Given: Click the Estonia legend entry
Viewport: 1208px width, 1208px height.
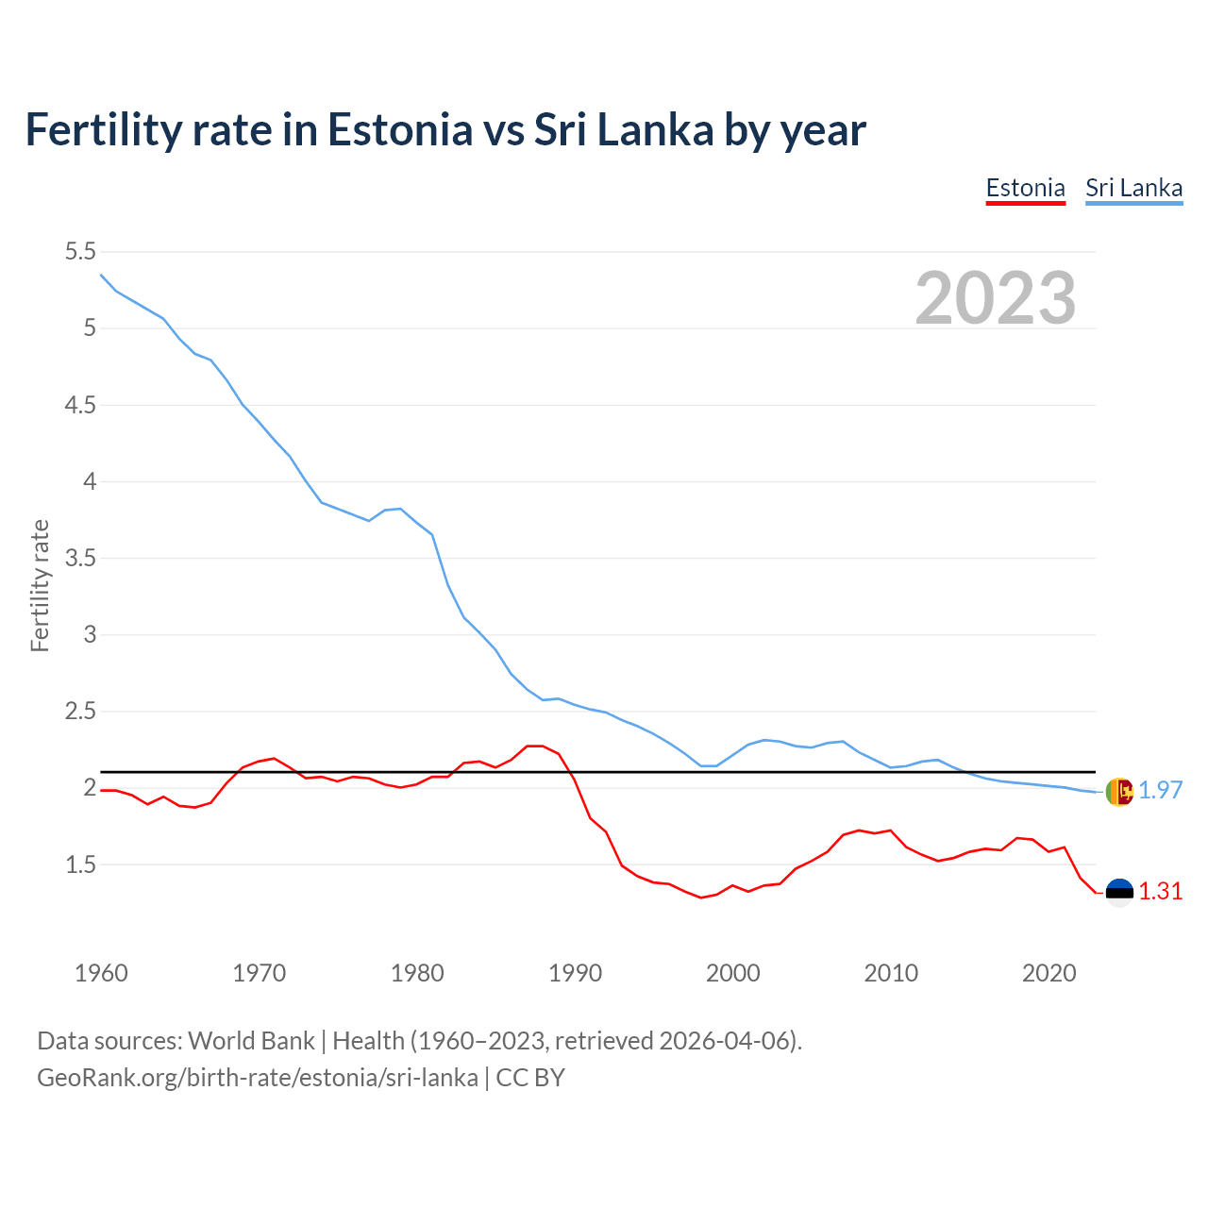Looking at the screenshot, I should pyautogui.click(x=1025, y=188).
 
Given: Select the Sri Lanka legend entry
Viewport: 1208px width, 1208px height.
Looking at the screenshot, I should pyautogui.click(x=1133, y=188).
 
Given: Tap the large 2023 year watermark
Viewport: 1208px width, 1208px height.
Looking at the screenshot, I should pyautogui.click(x=995, y=298).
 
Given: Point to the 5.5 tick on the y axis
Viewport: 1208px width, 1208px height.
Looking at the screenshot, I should pyautogui.click(x=80, y=252).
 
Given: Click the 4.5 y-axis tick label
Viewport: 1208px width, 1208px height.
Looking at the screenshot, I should pyautogui.click(x=80, y=405).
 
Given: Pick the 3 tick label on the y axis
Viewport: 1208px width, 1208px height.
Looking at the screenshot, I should pyautogui.click(x=90, y=634).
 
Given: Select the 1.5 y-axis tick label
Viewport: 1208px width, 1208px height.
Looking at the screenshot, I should pyautogui.click(x=80, y=864).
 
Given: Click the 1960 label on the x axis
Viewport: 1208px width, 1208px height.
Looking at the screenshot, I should pyautogui.click(x=101, y=973).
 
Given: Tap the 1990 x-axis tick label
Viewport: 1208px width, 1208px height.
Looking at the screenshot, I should pyautogui.click(x=575, y=973).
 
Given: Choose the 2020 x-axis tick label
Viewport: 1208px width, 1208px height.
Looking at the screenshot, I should pyautogui.click(x=1049, y=973).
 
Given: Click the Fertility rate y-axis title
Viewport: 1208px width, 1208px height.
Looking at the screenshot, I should pyautogui.click(x=40, y=585).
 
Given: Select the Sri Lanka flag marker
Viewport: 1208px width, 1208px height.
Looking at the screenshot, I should pyautogui.click(x=1118, y=792).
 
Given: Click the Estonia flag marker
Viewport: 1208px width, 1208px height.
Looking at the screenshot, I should pyautogui.click(x=1118, y=892).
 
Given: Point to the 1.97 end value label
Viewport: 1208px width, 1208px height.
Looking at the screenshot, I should pyautogui.click(x=1160, y=791).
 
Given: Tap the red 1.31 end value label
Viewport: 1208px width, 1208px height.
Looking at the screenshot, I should pyautogui.click(x=1160, y=892).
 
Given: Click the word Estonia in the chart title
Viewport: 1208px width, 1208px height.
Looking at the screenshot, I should pyautogui.click(x=399, y=129).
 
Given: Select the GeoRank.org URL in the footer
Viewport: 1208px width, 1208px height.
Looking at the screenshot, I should pyautogui.click(x=257, y=1077).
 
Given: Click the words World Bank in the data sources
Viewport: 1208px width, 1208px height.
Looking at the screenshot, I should pyautogui.click(x=251, y=1040).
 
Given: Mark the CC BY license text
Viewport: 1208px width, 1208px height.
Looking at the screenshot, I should pyautogui.click(x=530, y=1077).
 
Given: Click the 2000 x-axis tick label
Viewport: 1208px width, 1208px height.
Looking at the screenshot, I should pyautogui.click(x=732, y=973).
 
